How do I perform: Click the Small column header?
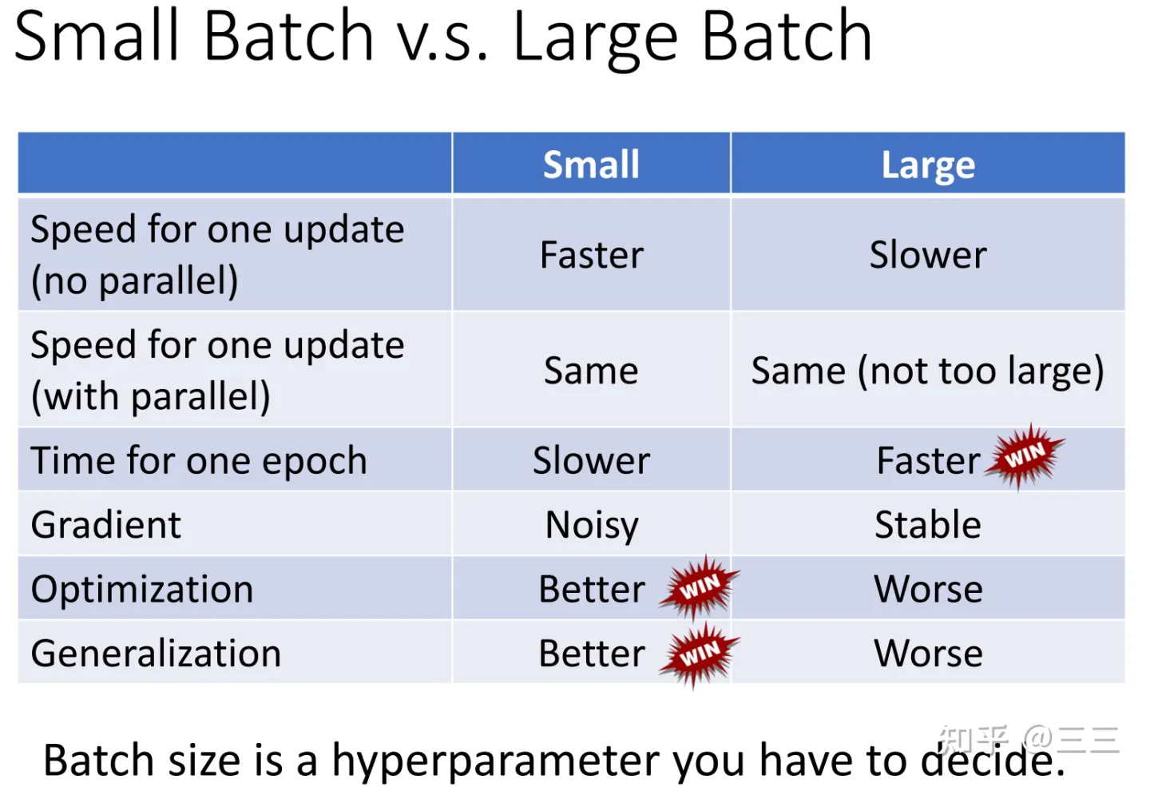(591, 165)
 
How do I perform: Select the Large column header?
(928, 165)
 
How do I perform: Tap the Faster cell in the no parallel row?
(592, 255)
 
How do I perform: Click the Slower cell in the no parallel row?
(928, 255)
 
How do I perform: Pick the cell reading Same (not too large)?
(927, 371)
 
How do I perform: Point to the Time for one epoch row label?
(199, 461)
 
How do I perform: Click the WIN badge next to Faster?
(1024, 456)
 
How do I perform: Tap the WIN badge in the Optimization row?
(700, 587)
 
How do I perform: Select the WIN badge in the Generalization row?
(700, 654)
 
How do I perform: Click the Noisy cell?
(592, 525)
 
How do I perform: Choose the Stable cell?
(928, 524)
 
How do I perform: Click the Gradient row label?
(105, 524)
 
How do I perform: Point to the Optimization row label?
(142, 589)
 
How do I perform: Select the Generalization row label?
(156, 654)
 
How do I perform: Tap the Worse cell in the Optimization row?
(928, 589)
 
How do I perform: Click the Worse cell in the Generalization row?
(928, 654)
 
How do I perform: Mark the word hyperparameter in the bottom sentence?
(495, 761)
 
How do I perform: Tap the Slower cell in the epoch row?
(592, 460)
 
